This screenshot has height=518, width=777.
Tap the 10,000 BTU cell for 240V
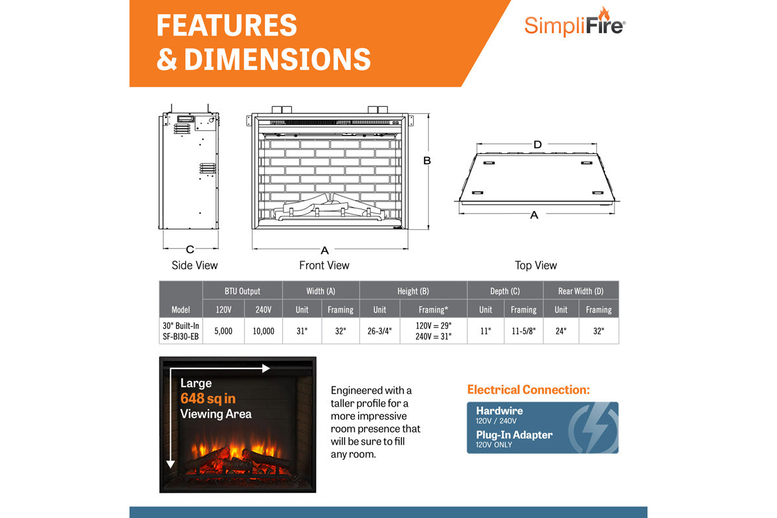pyautogui.click(x=263, y=331)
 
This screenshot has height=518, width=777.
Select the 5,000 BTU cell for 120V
pyautogui.click(x=223, y=331)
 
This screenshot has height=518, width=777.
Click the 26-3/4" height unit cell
pyautogui.click(x=379, y=331)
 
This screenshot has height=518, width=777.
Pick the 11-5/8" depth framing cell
pyautogui.click(x=523, y=331)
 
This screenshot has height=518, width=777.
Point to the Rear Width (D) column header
pyautogui.click(x=580, y=291)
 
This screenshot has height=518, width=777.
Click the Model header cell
pyautogui.click(x=181, y=310)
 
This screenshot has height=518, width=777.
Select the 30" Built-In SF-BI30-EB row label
pyautogui.click(x=181, y=331)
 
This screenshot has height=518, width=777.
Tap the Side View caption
pyautogui.click(x=194, y=265)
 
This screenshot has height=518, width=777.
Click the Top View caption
pyautogui.click(x=535, y=265)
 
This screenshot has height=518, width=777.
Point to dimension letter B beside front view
pyautogui.click(x=427, y=161)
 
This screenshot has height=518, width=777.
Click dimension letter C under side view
pyautogui.click(x=190, y=249)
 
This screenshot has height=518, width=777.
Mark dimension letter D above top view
pyautogui.click(x=537, y=144)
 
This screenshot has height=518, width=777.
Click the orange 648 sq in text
pyautogui.click(x=208, y=399)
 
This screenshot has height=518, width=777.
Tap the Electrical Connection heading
pyautogui.click(x=528, y=390)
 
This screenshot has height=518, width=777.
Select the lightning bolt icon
pyautogui.click(x=592, y=427)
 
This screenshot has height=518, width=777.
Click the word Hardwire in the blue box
pyautogui.click(x=499, y=411)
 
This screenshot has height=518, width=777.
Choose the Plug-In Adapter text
pyautogui.click(x=514, y=434)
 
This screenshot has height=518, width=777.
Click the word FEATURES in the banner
pyautogui.click(x=227, y=26)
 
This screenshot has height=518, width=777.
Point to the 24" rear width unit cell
pyautogui.click(x=561, y=331)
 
